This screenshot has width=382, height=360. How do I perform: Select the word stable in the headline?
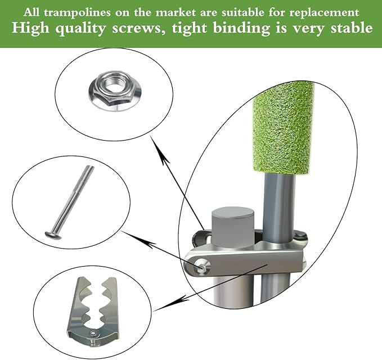pyautogui.click(x=348, y=28)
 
